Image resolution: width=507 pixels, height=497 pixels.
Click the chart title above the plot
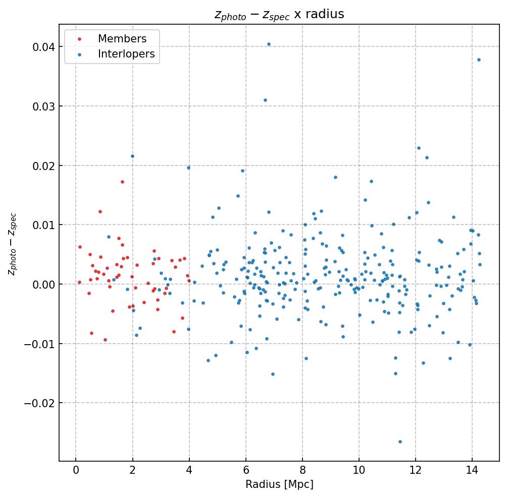tap(279, 14)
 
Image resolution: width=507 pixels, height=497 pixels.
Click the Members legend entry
tap(122, 39)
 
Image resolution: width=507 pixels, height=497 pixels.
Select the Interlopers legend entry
tap(126, 54)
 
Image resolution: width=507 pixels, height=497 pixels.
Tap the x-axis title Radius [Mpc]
tap(279, 484)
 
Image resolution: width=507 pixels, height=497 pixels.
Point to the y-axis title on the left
tap(13, 244)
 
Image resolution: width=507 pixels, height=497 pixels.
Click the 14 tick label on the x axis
tap(472, 470)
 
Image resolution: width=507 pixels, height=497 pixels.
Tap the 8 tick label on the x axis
tap(302, 470)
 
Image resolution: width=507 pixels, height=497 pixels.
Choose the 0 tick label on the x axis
tap(76, 470)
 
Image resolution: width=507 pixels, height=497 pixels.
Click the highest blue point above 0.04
tap(269, 44)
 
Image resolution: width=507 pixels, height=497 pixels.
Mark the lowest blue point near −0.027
tap(400, 441)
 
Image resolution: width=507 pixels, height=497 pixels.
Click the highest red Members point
tap(122, 182)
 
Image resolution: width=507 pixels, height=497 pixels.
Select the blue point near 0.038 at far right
tap(479, 60)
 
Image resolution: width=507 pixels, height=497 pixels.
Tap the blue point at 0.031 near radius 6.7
tap(265, 100)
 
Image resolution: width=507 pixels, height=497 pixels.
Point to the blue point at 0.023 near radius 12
tap(419, 148)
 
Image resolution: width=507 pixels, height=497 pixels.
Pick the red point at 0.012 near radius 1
tap(100, 211)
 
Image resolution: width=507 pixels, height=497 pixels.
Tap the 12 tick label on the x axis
tap(416, 470)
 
